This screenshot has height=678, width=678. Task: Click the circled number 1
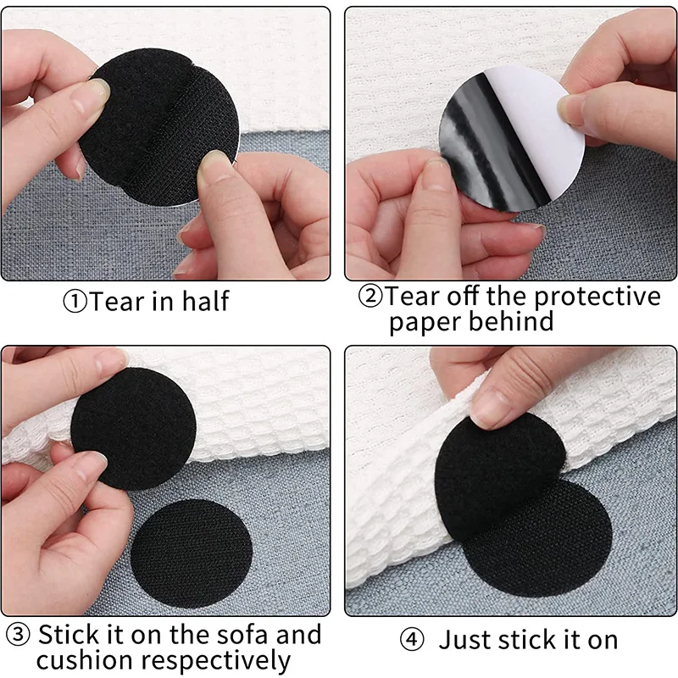pos(75,302)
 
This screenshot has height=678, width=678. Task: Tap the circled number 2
pos(370,296)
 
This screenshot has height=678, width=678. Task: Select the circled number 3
pos(18,635)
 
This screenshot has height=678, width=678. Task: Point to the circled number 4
pos(412,640)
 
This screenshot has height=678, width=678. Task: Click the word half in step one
pos(205,301)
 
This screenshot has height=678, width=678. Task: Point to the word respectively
pos(216,662)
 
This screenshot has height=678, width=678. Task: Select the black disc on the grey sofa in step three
pos(192,554)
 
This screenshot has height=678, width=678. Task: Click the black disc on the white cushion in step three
pos(134,429)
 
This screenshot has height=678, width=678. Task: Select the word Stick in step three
pos(69,635)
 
